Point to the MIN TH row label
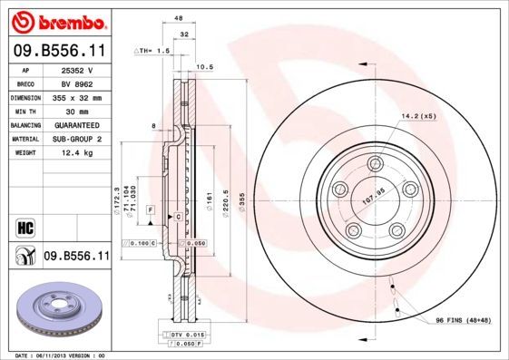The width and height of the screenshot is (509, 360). (x=24, y=110)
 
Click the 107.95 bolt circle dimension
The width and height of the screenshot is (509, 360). (x=375, y=191)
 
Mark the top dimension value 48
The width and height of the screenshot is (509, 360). (x=178, y=17)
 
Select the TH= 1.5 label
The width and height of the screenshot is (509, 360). (x=152, y=51)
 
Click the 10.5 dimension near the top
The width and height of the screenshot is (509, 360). (x=204, y=66)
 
